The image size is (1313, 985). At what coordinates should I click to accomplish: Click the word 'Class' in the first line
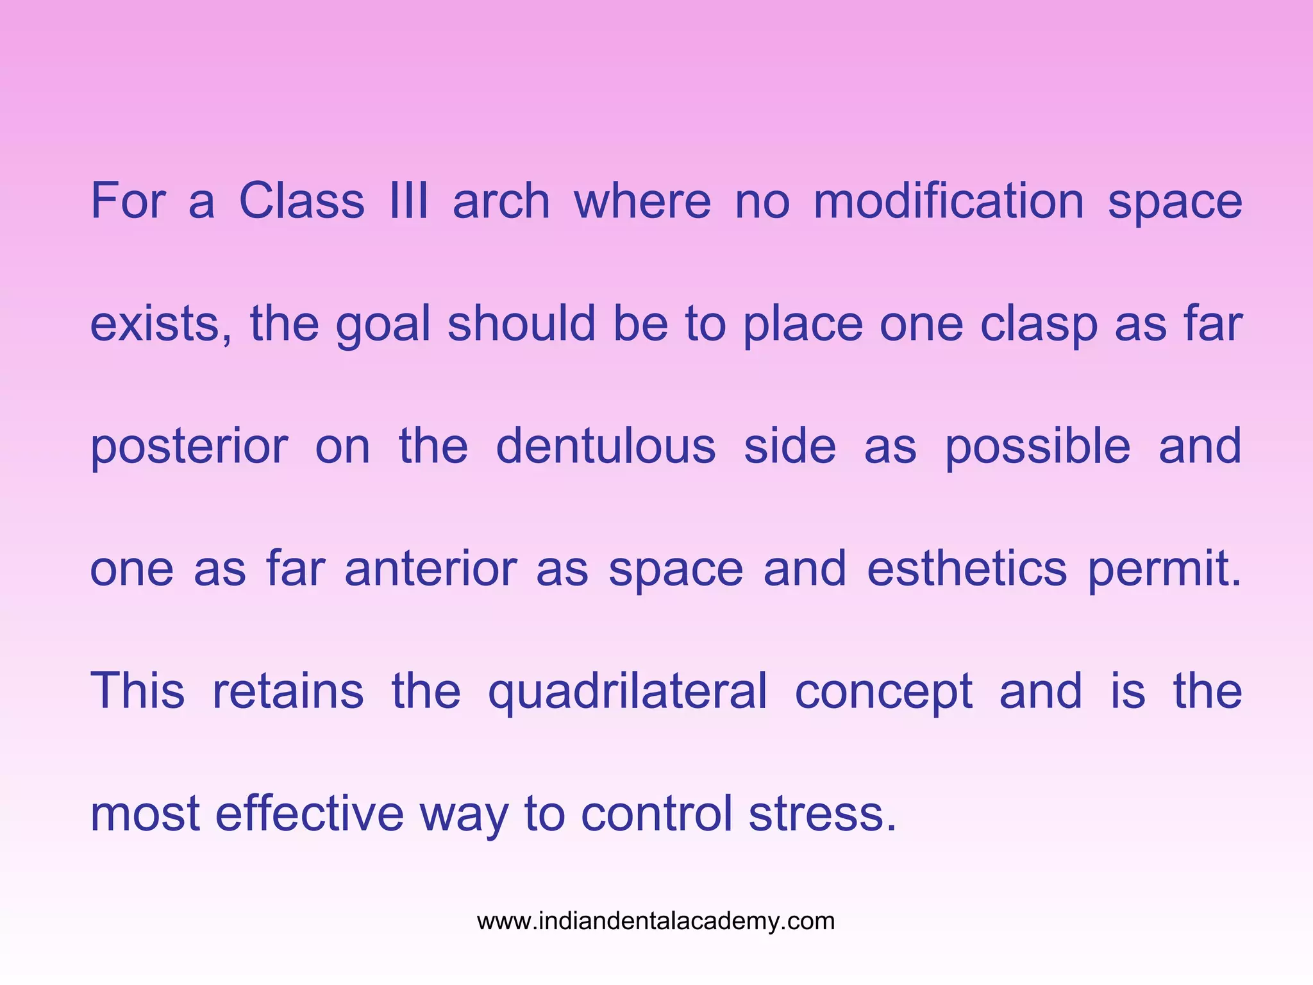coord(301,201)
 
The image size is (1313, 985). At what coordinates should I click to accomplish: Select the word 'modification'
coord(949,201)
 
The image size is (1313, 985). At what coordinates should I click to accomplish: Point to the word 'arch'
coord(501,201)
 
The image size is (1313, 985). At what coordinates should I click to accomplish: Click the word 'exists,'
coord(161,324)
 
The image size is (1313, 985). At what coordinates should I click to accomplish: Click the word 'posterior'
coord(189,447)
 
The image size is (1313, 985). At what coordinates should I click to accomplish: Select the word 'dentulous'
coord(606,446)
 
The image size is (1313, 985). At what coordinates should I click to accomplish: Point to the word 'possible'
coord(1038,447)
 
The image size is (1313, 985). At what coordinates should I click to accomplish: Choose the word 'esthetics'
coord(967,569)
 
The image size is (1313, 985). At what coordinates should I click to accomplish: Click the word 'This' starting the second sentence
coord(138,691)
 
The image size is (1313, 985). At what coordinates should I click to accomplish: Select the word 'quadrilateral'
coord(628,692)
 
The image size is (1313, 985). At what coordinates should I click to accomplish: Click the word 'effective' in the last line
coord(310,814)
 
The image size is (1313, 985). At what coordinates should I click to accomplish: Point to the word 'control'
coord(656,814)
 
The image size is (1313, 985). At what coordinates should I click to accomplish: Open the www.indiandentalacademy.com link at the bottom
coord(656,922)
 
